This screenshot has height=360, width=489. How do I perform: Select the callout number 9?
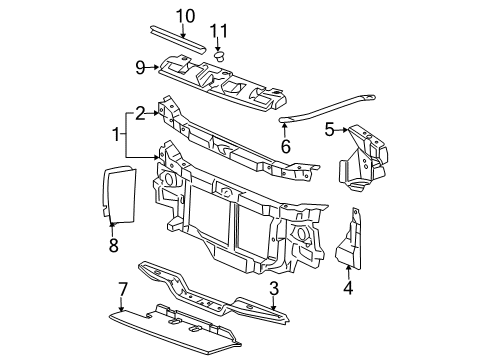(x=141, y=68)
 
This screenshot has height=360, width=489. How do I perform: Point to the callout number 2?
(x=142, y=112)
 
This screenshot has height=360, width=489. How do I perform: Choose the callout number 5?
(x=328, y=128)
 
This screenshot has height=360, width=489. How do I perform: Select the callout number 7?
(x=123, y=289)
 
